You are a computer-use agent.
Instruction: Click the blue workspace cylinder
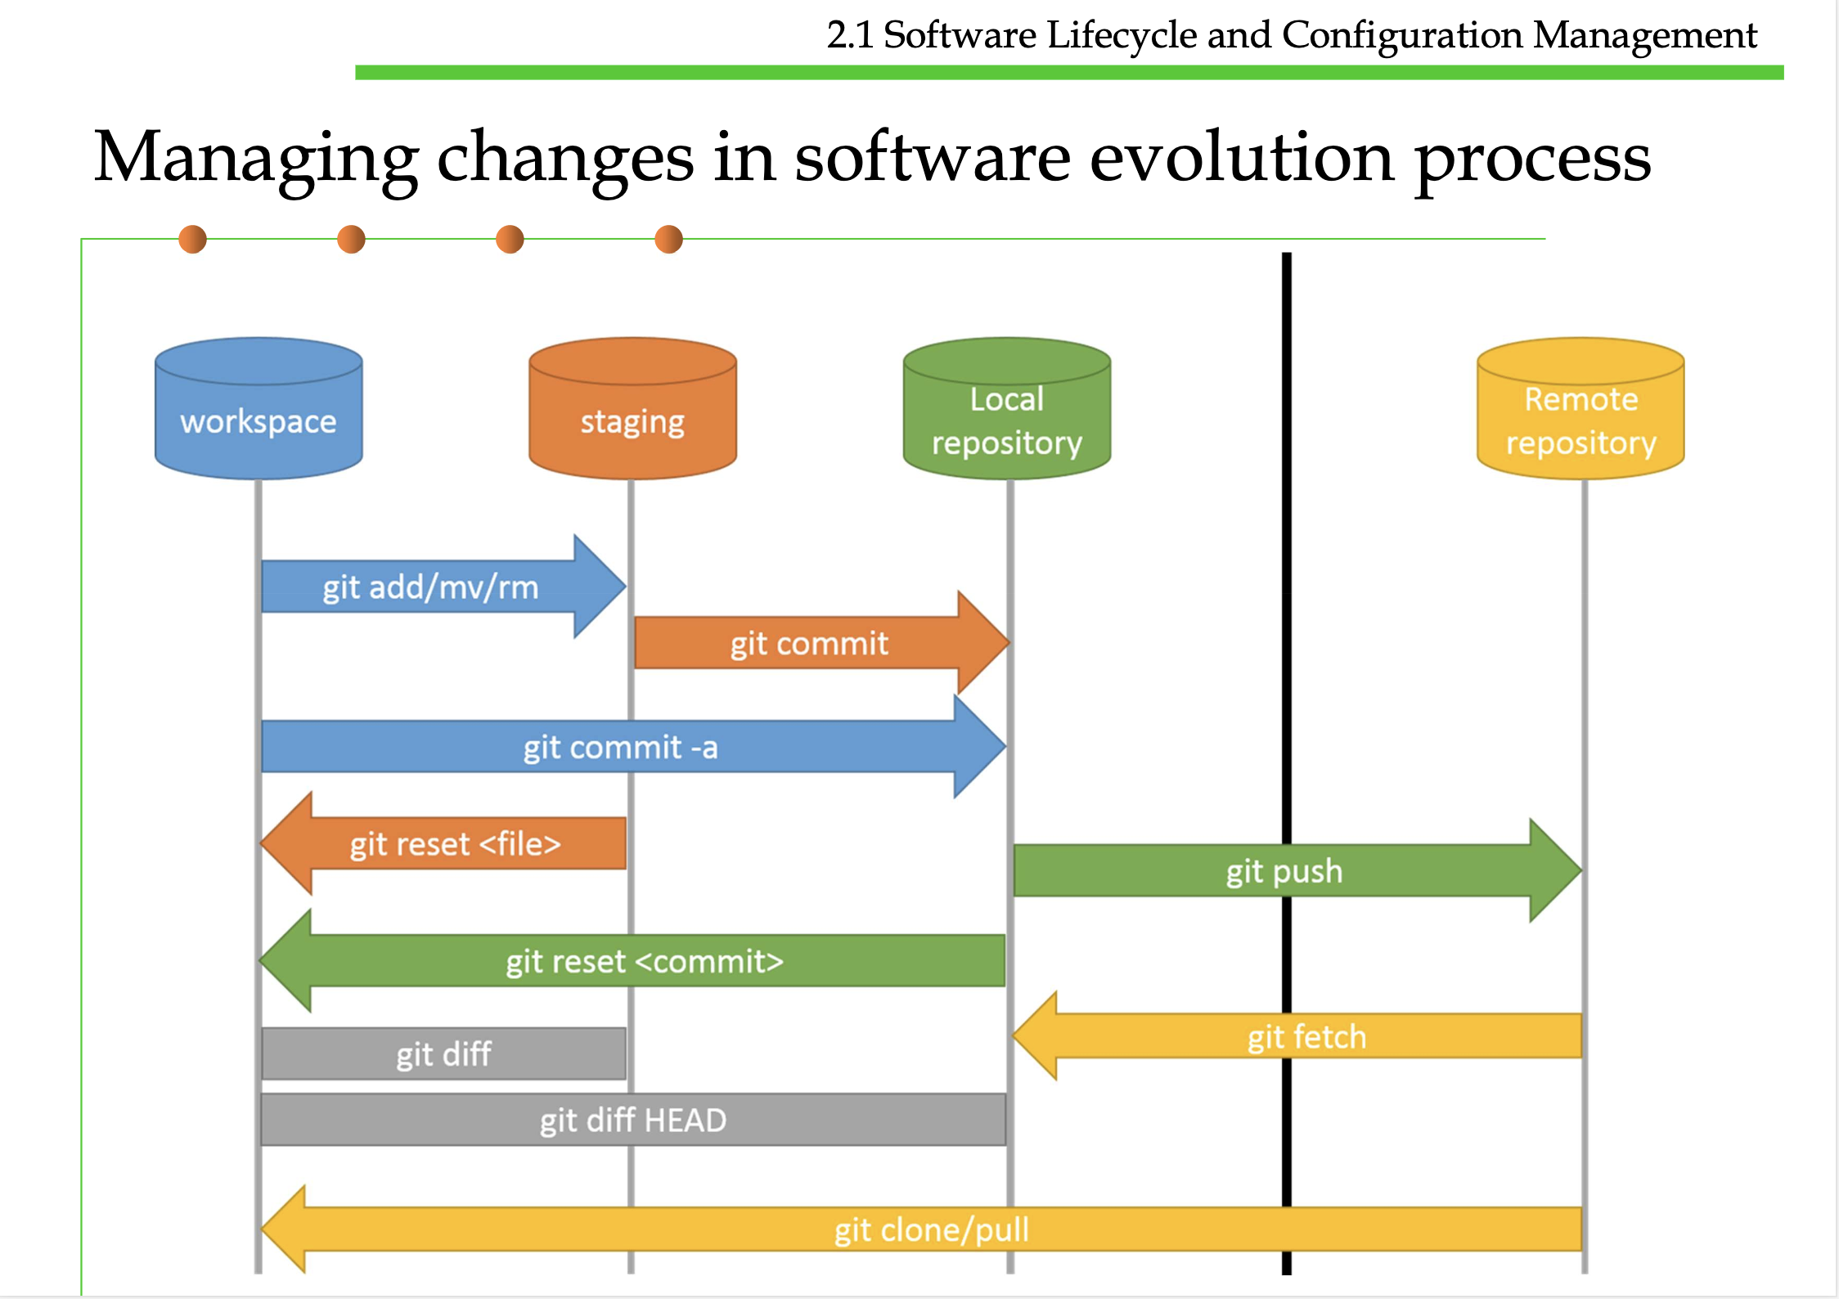[x=259, y=408]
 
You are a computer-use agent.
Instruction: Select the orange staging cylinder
[x=632, y=408]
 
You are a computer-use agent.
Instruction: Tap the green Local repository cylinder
[x=1007, y=408]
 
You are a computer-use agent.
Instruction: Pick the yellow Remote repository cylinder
[x=1580, y=408]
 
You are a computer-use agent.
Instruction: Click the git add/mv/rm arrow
[x=443, y=587]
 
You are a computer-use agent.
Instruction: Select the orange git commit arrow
[x=822, y=643]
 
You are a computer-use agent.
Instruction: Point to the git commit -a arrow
[x=633, y=746]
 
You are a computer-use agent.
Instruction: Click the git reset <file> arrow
[x=443, y=843]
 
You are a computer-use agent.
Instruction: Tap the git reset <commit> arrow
[x=632, y=960]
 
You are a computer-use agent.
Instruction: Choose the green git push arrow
[x=1297, y=870]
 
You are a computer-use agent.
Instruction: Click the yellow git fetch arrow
[x=1297, y=1036]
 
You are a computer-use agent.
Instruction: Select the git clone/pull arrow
[x=921, y=1229]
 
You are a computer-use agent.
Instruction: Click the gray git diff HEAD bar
[x=633, y=1119]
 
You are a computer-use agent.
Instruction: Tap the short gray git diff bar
[x=443, y=1054]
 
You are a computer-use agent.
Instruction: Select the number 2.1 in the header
[x=850, y=34]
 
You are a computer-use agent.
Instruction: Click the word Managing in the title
[x=256, y=160]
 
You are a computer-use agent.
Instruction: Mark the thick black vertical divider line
[x=1287, y=763]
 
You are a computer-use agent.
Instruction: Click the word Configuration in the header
[x=1402, y=36]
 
